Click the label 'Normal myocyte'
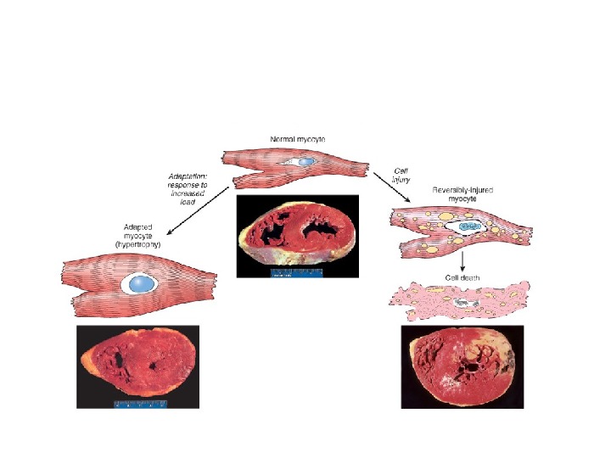point(298,138)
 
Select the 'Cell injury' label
point(401,175)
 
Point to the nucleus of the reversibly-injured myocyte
point(467,226)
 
